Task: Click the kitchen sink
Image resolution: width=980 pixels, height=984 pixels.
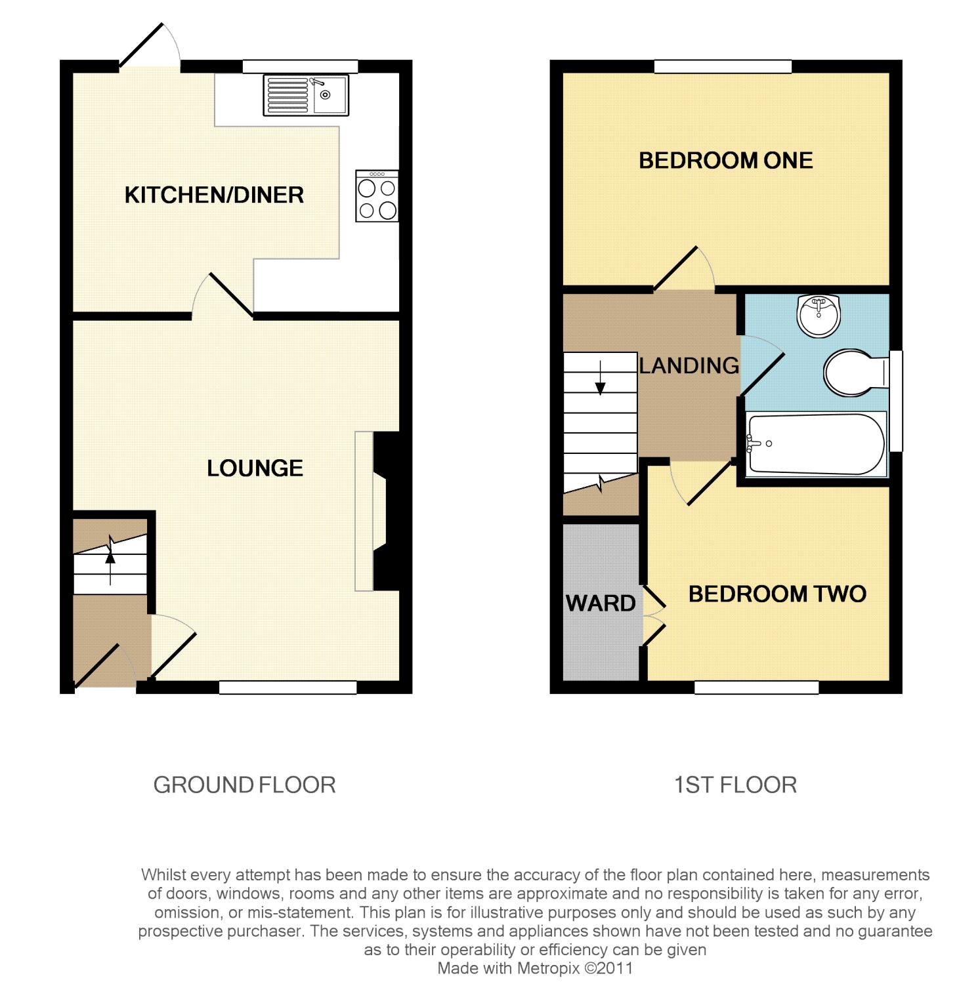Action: click(306, 95)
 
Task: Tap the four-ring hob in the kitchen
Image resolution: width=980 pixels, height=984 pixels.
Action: click(377, 196)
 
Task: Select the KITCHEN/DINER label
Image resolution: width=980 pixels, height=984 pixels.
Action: click(214, 195)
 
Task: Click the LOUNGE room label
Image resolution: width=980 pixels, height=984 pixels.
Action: click(255, 468)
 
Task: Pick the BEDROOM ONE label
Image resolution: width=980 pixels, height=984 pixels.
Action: click(726, 161)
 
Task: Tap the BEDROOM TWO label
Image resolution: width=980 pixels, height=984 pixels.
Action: click(777, 594)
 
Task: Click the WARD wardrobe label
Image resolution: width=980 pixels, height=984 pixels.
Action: click(601, 603)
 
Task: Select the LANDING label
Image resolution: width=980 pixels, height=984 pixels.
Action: click(689, 365)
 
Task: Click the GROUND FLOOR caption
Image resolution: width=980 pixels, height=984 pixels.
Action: click(244, 785)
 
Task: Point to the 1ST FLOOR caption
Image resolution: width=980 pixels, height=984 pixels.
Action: click(735, 785)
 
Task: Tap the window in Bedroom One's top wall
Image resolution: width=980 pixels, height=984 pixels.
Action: click(723, 66)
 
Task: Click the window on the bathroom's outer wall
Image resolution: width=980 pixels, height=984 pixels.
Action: click(896, 401)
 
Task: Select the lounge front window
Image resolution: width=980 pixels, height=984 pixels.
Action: click(288, 687)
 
